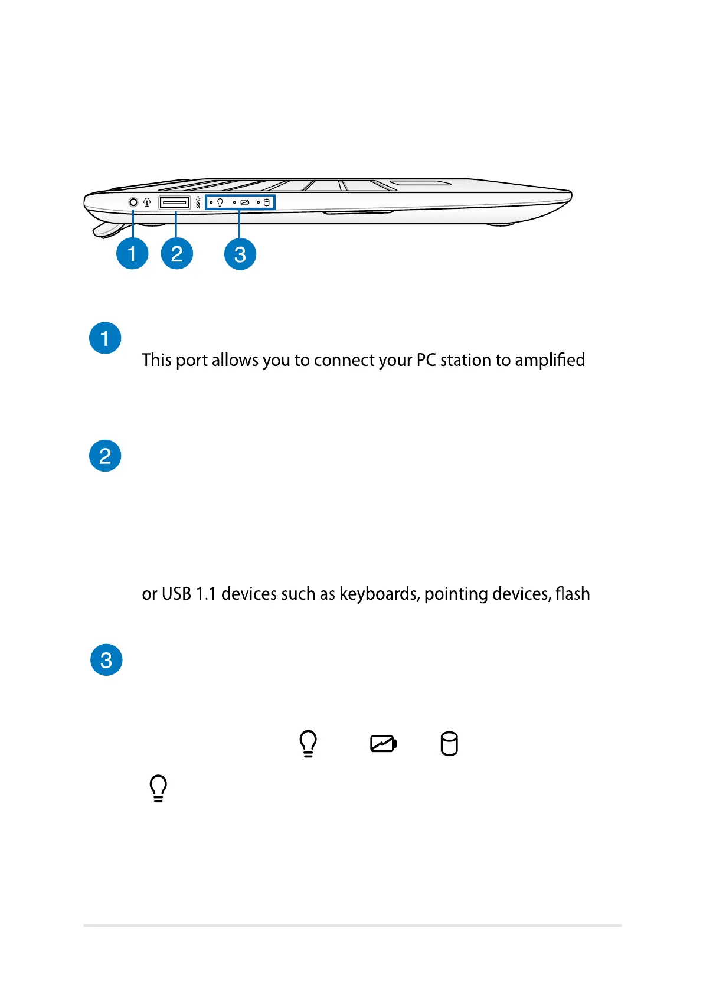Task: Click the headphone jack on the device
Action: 133,202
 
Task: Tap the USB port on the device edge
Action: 174,203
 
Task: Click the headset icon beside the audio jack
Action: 147,202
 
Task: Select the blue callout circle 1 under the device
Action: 132,254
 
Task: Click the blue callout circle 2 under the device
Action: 177,254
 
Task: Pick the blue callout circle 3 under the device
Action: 240,254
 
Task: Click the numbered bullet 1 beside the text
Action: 105,338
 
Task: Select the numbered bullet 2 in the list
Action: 105,456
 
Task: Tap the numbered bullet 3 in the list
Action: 106,660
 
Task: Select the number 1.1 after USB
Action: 206,594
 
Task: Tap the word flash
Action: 573,593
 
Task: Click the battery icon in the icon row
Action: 383,744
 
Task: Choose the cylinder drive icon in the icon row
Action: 449,744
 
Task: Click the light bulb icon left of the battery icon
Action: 308,744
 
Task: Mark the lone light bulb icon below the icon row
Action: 158,789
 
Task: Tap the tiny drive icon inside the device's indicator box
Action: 266,202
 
